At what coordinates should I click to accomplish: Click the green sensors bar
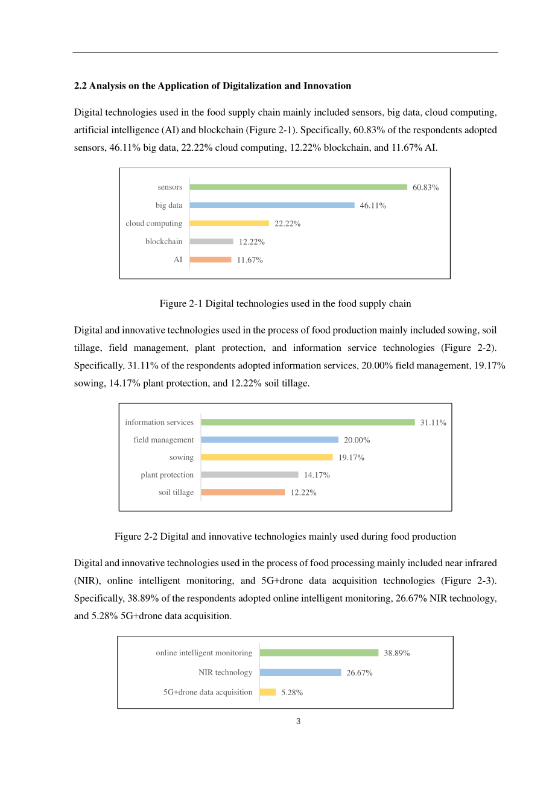click(299, 187)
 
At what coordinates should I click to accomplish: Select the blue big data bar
click(272, 206)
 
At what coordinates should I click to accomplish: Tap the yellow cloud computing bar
click(229, 224)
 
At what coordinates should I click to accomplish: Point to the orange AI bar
click(211, 260)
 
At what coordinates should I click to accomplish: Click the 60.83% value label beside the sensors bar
click(426, 188)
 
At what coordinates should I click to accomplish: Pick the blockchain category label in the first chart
click(163, 241)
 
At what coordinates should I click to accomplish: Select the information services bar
click(308, 422)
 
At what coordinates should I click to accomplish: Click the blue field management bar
click(270, 440)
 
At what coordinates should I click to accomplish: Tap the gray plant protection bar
click(250, 475)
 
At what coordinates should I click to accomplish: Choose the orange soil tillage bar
click(243, 493)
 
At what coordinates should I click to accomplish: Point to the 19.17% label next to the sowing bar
click(351, 458)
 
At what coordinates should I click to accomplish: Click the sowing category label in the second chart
click(181, 458)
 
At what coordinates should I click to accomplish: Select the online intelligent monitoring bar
click(319, 652)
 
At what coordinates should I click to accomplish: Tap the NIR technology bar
click(300, 672)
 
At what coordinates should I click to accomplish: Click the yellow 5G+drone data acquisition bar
click(267, 692)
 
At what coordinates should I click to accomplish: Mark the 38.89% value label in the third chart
click(397, 653)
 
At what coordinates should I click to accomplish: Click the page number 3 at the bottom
click(299, 722)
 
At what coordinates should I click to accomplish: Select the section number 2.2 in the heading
click(80, 86)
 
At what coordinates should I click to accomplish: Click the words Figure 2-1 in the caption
click(181, 303)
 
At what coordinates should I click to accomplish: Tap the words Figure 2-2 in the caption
click(136, 537)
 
